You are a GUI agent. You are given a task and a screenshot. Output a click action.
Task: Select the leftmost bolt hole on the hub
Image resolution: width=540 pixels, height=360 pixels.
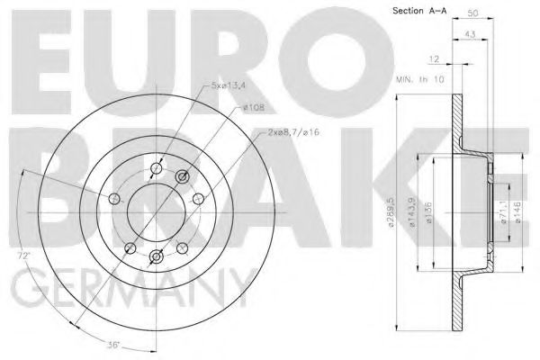[113, 199]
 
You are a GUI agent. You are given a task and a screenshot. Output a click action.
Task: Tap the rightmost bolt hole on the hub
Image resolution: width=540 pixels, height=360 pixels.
[196, 199]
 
